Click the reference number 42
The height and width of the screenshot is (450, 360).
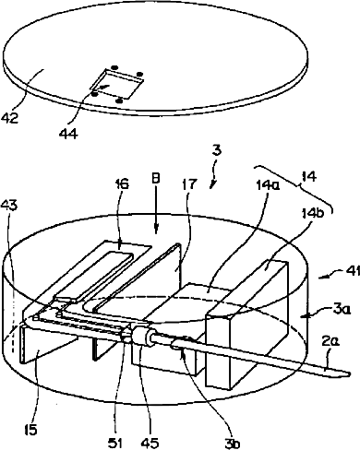click(10, 118)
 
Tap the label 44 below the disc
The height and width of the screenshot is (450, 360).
click(69, 133)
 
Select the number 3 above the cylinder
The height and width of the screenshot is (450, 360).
click(217, 151)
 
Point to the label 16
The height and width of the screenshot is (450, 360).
click(122, 184)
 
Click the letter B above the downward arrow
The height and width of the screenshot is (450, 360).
click(157, 180)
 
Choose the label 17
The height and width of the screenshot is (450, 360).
click(189, 184)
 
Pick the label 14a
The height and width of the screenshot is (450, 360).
click(268, 185)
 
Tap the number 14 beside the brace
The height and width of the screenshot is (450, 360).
click(309, 177)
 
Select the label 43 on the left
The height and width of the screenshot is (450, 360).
click(9, 205)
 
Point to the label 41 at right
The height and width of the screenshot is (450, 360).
click(353, 271)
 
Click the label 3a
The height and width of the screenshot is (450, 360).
click(342, 311)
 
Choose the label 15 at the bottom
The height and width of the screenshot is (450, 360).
click(31, 430)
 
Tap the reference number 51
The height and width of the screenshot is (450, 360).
click(115, 443)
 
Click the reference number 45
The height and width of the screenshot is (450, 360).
click(150, 443)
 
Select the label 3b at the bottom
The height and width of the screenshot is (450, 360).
click(232, 443)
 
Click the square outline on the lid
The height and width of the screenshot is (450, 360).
click(117, 83)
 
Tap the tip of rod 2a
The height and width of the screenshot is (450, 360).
click(350, 373)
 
